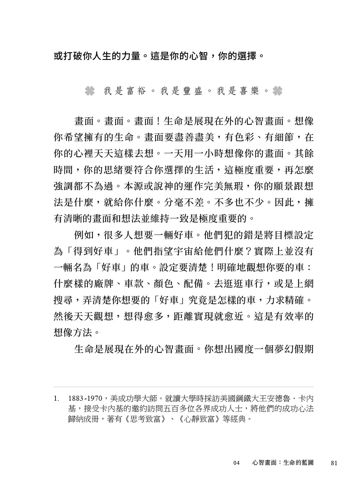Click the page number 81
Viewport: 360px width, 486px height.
(x=333, y=463)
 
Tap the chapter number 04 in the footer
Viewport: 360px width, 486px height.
(x=236, y=463)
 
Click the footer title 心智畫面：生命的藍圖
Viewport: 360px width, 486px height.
(x=283, y=463)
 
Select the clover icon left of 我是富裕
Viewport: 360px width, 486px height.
(x=90, y=91)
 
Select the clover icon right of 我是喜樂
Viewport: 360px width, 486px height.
(x=277, y=91)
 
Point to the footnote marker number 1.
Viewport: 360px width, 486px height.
(x=56, y=399)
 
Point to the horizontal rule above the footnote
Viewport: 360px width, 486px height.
(x=184, y=387)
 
